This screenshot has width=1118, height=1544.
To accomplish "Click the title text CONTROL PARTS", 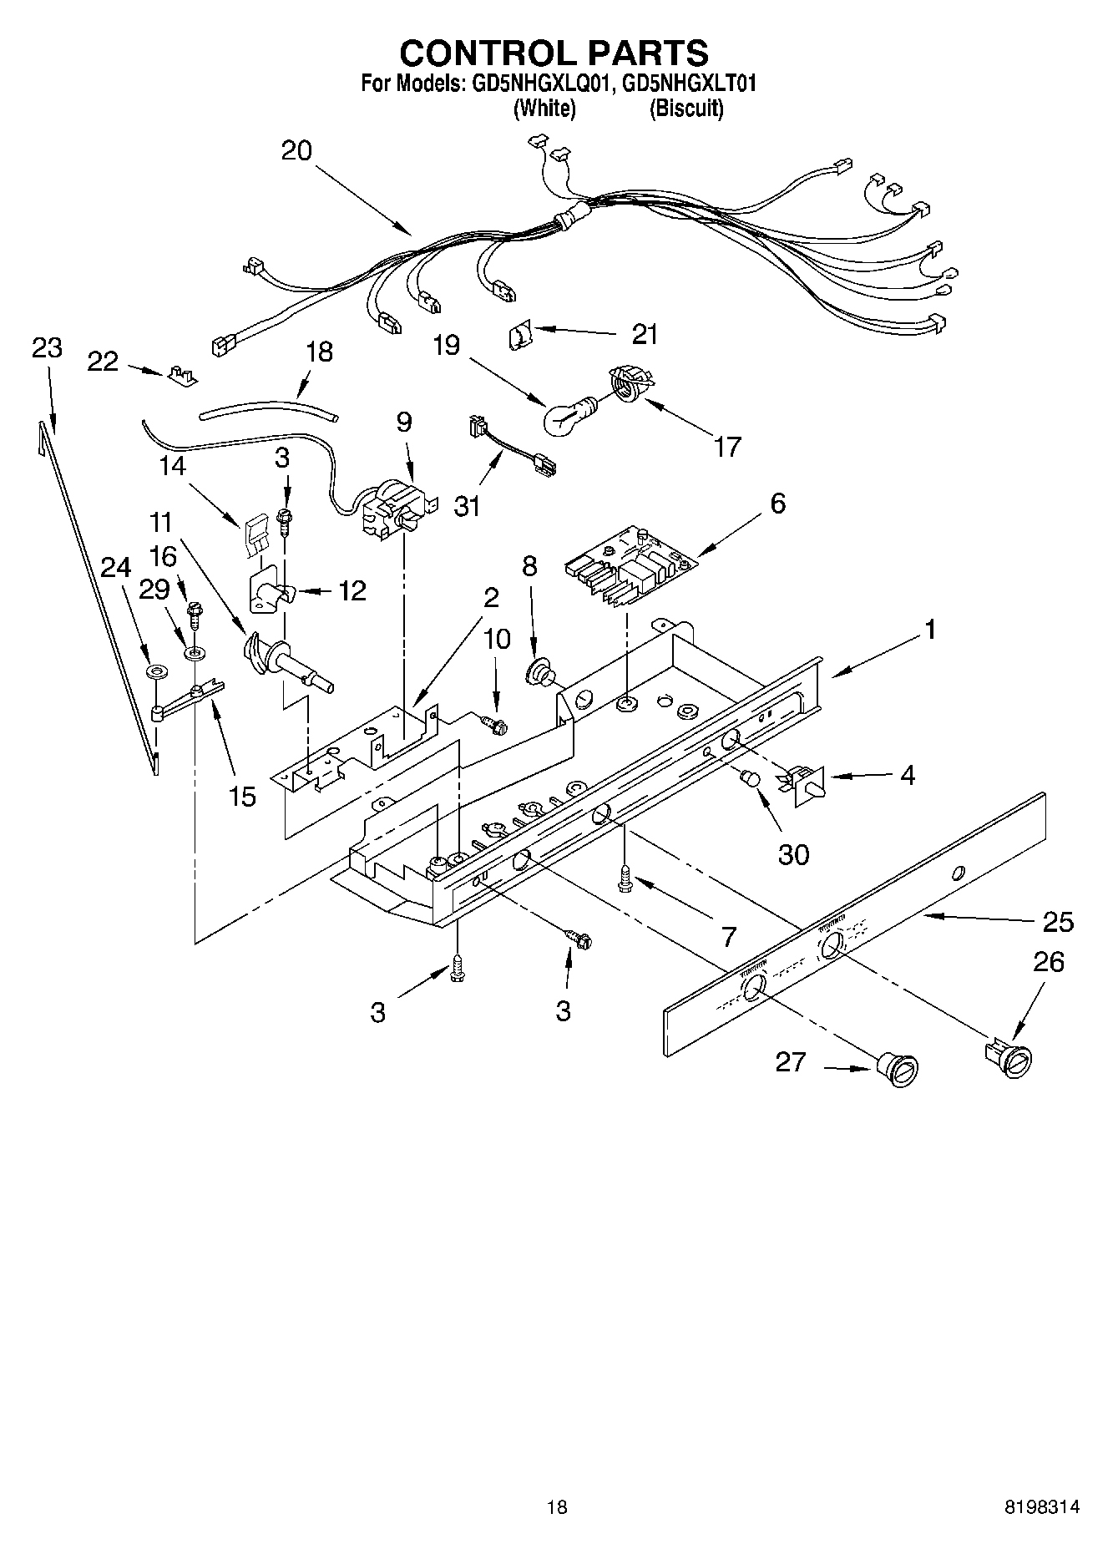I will point(554,53).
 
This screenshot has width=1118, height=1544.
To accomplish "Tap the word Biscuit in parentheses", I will point(686,109).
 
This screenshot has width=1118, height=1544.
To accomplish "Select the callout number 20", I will point(296,151).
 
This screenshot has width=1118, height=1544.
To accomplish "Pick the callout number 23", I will point(47,348).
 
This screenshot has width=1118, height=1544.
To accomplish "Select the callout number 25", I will point(1057,922).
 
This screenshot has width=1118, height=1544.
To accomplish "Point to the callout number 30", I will point(793,854).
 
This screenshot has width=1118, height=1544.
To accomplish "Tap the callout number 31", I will point(468,505).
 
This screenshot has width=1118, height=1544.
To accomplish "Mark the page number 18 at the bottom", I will point(557,1506).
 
